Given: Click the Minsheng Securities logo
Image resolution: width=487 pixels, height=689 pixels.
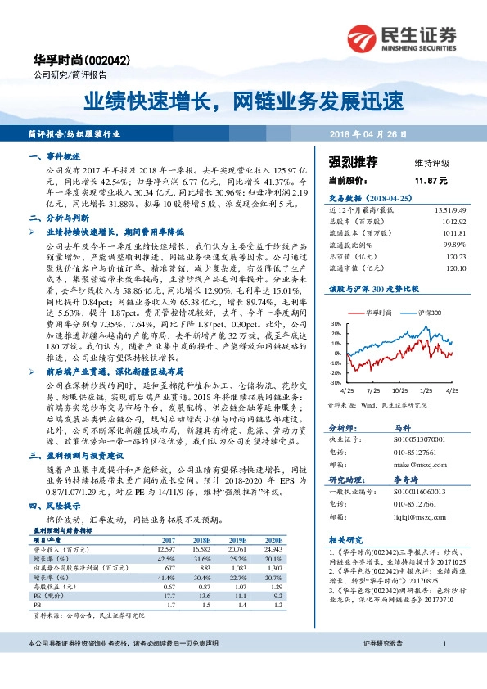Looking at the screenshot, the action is point(400,37).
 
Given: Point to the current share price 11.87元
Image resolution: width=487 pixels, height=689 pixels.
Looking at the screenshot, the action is point(431,179).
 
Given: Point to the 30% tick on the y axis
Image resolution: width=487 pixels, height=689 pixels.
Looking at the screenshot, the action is point(336,324).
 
